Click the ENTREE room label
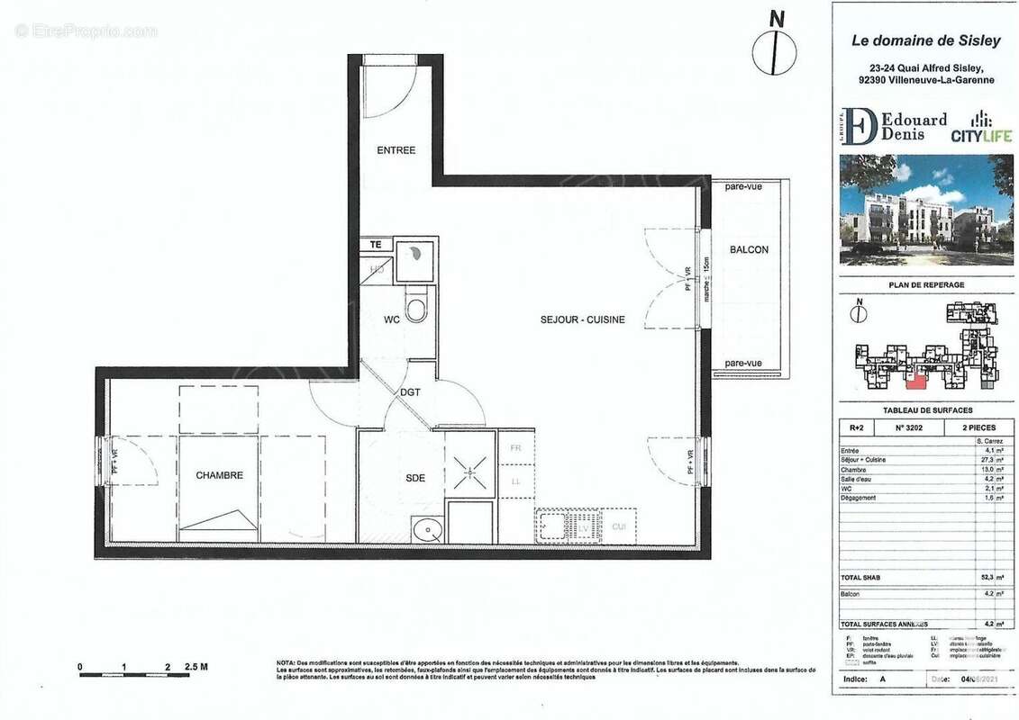tap(396, 150)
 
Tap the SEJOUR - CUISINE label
tap(582, 319)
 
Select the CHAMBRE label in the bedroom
tap(219, 475)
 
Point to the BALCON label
tap(749, 249)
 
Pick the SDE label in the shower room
tap(414, 478)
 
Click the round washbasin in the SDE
tap(423, 531)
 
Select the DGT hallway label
tap(411, 391)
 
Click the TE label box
tap(376, 244)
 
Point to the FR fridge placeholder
tap(516, 447)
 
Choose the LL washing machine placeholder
tap(516, 481)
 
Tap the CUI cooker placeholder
tap(619, 526)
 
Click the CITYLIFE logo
tap(981, 128)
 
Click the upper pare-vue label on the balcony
tap(743, 187)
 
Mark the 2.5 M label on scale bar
tap(196, 667)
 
